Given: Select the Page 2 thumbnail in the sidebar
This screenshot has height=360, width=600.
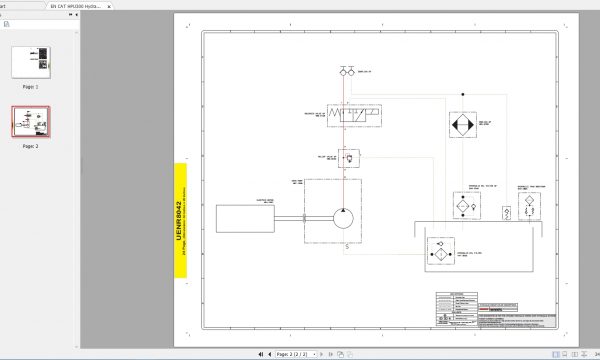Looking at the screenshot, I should (30, 122).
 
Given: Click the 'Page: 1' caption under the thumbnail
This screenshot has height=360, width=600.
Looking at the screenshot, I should (30, 87).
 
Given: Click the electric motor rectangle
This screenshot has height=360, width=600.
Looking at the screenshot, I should (244, 218).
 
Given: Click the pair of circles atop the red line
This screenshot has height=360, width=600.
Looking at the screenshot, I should (345, 72).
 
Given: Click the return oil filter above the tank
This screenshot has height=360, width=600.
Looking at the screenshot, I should (462, 203).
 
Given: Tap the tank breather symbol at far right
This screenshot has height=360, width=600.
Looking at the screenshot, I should (525, 211).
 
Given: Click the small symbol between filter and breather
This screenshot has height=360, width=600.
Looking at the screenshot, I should (504, 212).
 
